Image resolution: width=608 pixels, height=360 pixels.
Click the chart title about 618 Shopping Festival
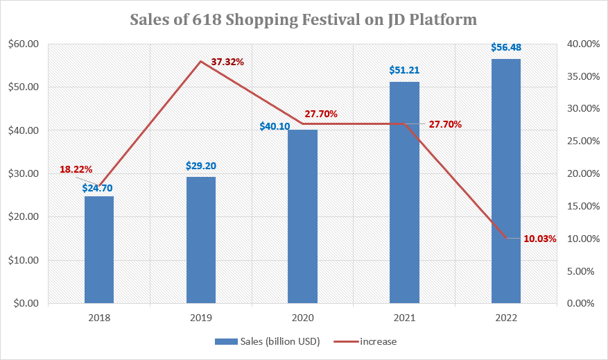(304, 19)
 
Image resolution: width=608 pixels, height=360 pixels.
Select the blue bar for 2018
(99, 250)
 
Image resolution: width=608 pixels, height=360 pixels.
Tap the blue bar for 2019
(201, 240)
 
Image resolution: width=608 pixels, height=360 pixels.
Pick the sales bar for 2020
(302, 216)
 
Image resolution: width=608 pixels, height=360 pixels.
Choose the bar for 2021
(404, 193)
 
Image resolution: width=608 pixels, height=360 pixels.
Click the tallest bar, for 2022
(506, 181)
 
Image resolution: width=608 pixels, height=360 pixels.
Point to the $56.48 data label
(506, 48)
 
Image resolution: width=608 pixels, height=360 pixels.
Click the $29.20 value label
(201, 166)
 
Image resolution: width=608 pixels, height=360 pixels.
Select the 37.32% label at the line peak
(227, 62)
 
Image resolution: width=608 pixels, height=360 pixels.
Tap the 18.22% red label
(76, 169)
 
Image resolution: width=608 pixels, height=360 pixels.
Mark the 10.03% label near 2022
(540, 239)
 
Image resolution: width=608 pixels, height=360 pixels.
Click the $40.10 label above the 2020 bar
(275, 127)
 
